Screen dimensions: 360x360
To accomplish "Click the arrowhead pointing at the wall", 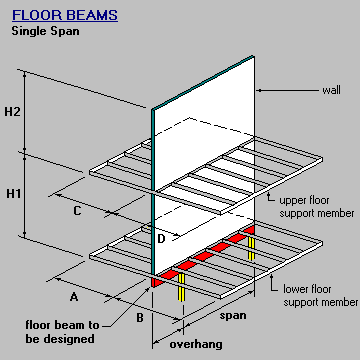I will (263, 92).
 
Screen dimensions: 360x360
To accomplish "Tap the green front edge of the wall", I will (152, 190).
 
